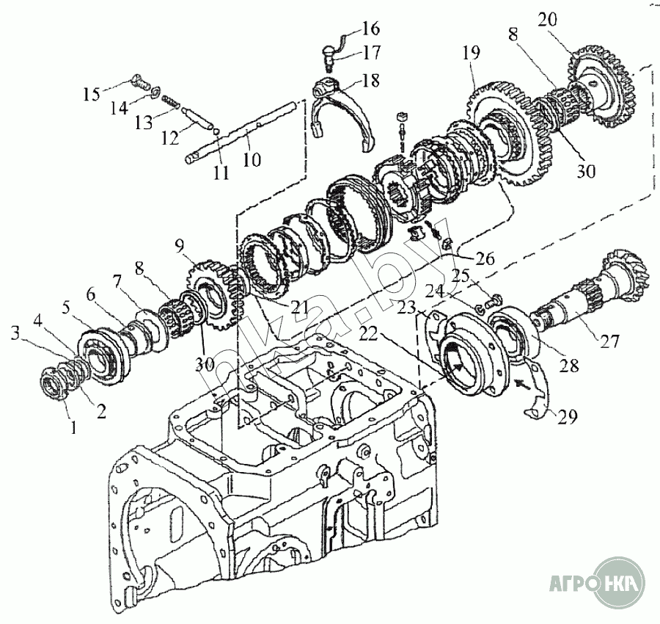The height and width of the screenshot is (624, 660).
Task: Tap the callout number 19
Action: (x=472, y=52)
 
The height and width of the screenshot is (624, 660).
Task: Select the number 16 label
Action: (x=370, y=29)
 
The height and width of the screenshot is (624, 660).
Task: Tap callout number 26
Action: (x=484, y=259)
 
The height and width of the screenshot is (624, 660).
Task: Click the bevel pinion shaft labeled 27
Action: (x=579, y=301)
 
